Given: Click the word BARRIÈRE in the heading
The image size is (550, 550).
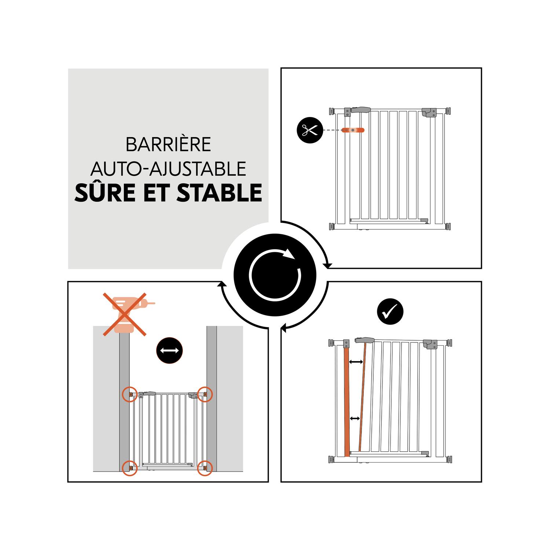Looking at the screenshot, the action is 168,144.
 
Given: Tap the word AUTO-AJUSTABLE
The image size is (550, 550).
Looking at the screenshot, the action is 168,169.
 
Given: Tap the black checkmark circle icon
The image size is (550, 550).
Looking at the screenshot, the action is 390,312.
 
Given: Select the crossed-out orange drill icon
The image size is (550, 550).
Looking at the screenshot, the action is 125,314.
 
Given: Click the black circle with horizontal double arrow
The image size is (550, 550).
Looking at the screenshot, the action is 169,350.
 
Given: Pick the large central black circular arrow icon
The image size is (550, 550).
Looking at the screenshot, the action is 275,275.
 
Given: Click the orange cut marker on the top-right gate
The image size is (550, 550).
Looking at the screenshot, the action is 353,130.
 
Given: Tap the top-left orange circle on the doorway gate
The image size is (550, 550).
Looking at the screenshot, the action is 130,395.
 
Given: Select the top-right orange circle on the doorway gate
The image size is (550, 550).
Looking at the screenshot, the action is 205,394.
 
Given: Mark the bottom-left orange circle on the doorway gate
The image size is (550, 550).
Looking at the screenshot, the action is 130,468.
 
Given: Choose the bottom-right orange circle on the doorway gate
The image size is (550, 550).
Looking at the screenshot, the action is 205,468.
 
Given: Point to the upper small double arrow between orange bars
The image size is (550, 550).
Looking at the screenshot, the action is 356,362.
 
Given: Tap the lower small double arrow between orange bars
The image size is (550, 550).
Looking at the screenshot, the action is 355,418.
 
